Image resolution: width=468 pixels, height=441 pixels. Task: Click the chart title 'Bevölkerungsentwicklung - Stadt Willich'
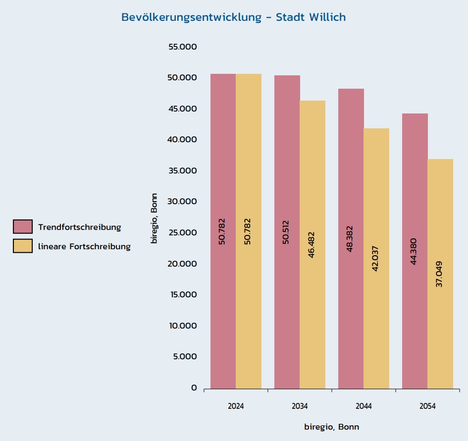(234, 17)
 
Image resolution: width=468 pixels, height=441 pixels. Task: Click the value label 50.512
(286, 231)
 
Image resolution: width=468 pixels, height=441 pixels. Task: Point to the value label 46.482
(312, 246)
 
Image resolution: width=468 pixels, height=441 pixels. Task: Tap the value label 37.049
(439, 274)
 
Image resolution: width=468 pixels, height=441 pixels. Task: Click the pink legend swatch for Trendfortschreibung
(23, 227)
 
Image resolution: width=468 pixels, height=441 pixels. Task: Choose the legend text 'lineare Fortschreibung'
(84, 246)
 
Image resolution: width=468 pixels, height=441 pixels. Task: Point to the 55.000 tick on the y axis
(183, 47)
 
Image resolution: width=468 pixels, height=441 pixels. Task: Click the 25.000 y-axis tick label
(183, 233)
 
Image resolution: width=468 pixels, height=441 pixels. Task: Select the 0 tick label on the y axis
(194, 388)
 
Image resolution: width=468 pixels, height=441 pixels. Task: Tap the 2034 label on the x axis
(300, 406)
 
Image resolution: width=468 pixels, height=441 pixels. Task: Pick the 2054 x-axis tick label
(427, 406)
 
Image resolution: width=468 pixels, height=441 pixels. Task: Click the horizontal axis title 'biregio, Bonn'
(331, 427)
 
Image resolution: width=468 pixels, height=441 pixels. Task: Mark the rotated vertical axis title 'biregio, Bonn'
(155, 218)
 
